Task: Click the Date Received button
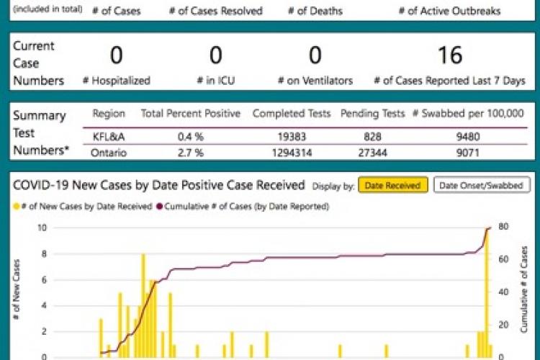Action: pyautogui.click(x=393, y=186)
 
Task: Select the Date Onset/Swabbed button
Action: pyautogui.click(x=482, y=186)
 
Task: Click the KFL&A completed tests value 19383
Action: pyautogui.click(x=291, y=135)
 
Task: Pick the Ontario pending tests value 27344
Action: pyautogui.click(x=369, y=152)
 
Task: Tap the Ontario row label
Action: pyautogui.click(x=109, y=152)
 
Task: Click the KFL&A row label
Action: pyautogui.click(x=109, y=135)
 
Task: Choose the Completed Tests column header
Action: pyautogui.click(x=291, y=114)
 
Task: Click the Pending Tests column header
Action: pyautogui.click(x=369, y=114)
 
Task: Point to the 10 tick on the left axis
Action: pyautogui.click(x=42, y=228)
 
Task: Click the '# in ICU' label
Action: pyautogui.click(x=215, y=81)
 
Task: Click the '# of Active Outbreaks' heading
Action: pyautogui.click(x=449, y=12)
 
